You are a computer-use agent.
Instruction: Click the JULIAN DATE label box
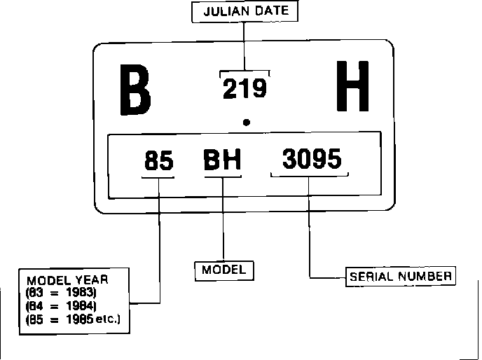(244, 12)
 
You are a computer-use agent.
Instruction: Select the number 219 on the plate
(245, 89)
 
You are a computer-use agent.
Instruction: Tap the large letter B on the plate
(135, 90)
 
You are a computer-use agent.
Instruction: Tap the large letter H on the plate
(352, 87)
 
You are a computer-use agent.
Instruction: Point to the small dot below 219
(246, 123)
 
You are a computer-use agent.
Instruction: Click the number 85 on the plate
(159, 161)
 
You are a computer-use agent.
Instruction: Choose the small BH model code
(222, 161)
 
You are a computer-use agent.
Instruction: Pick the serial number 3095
(312, 160)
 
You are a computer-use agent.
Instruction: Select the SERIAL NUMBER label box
(401, 276)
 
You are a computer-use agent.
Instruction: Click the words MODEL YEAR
(67, 279)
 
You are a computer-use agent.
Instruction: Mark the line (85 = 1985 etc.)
(73, 319)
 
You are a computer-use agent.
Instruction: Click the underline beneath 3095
(309, 175)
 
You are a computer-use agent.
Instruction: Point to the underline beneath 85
(158, 176)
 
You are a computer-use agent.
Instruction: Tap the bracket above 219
(245, 71)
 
